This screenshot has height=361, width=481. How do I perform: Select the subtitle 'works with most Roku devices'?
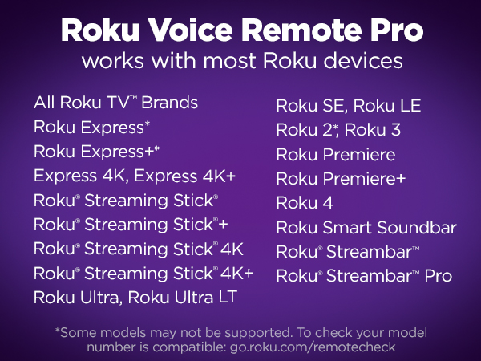(240, 62)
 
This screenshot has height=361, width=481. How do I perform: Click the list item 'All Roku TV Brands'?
(115, 103)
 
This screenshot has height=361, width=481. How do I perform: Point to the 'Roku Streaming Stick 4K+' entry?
(143, 273)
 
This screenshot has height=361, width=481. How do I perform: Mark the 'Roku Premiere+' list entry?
(342, 178)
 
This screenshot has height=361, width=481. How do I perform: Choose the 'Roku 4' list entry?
(305, 202)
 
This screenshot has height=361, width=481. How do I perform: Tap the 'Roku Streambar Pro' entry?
(364, 275)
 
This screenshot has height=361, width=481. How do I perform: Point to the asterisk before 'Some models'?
(57, 331)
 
